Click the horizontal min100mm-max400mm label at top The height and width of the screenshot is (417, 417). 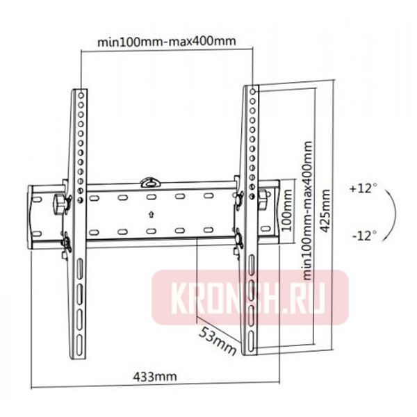pyautogui.click(x=166, y=41)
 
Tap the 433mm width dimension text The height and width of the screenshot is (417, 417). pyautogui.click(x=154, y=377)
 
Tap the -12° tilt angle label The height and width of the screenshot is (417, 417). pyautogui.click(x=363, y=236)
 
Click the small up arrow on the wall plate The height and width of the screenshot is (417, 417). pyautogui.click(x=150, y=215)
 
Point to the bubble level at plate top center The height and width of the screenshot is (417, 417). pyautogui.click(x=150, y=182)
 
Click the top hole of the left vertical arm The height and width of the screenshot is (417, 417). pyautogui.click(x=81, y=92)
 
